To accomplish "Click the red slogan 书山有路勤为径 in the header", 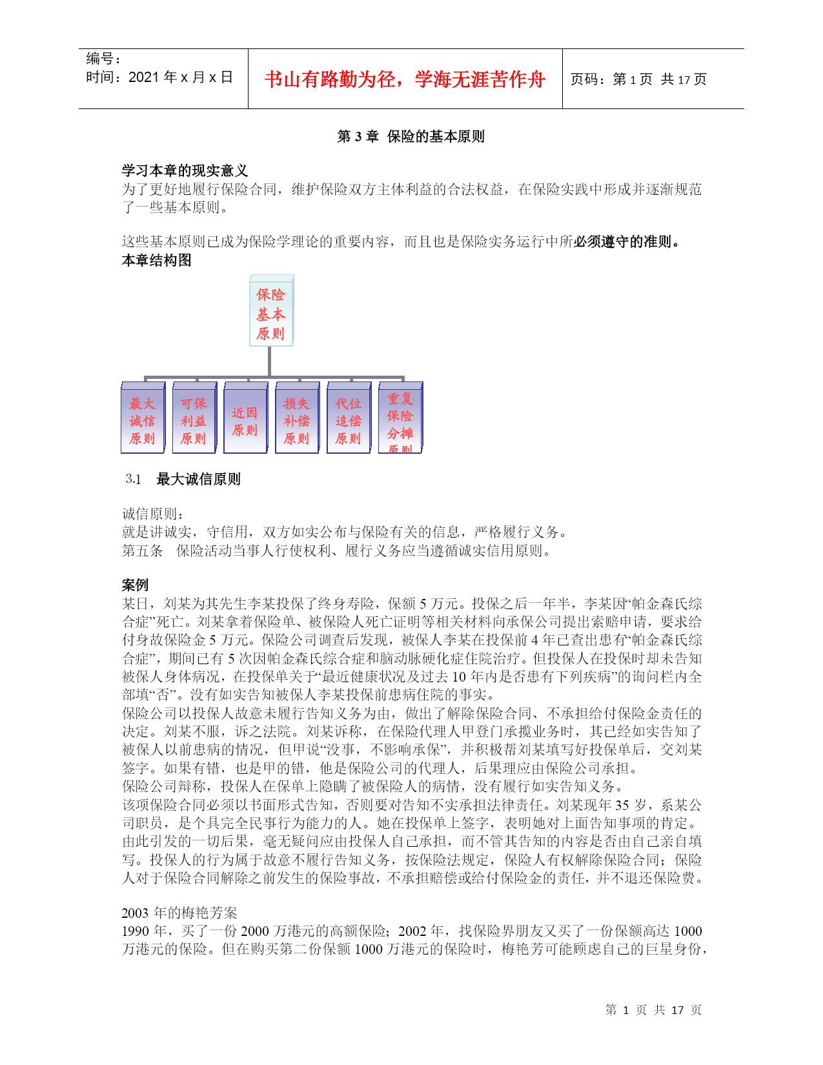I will click(405, 79).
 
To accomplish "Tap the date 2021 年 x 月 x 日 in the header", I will click(181, 77).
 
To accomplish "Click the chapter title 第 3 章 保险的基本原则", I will click(411, 137).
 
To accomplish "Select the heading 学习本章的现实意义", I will click(185, 171).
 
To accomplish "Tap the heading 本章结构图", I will click(156, 261).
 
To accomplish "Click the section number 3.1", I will click(134, 479).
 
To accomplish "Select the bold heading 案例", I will click(135, 585).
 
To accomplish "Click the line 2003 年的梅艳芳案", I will click(179, 913).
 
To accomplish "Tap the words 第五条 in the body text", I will click(142, 551).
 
